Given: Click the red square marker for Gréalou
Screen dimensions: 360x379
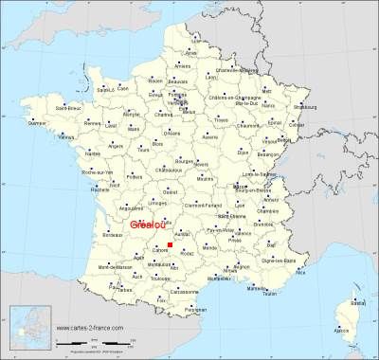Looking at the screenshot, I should point(170,246).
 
